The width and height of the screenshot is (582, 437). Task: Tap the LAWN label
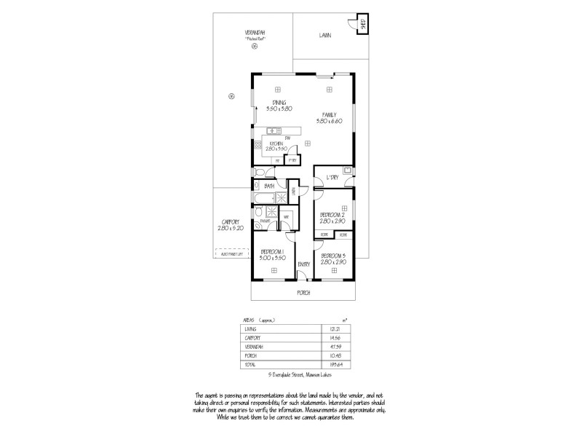coord(325,35)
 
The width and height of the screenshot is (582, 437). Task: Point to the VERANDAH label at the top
coord(254,33)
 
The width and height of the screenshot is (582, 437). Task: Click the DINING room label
coord(279,102)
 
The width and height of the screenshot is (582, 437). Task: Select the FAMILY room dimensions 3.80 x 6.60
coord(329,120)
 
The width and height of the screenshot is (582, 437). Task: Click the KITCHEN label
coord(276,143)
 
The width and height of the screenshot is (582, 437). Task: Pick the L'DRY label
coord(333,177)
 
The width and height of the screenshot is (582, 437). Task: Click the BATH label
coord(269,186)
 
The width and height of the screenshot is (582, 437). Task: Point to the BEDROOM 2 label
coord(332,215)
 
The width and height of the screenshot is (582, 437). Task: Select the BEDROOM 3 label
coord(332,255)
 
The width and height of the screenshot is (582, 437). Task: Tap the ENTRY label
coord(304,264)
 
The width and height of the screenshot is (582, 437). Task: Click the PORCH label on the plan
coord(303,292)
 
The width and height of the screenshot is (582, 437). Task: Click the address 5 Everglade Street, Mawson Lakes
coord(300,375)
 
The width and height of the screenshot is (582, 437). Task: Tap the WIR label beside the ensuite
coord(287,216)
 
